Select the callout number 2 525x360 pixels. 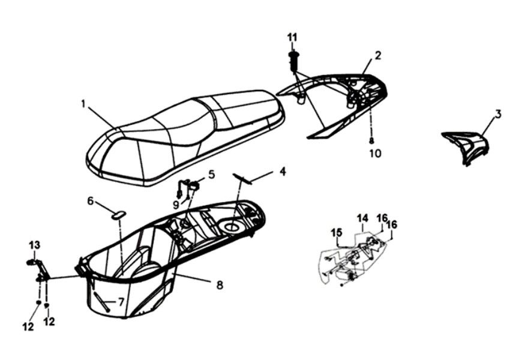click(x=378, y=55)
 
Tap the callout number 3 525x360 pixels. click(x=498, y=113)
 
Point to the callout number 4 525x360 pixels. click(x=282, y=171)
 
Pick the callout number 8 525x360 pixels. click(x=220, y=284)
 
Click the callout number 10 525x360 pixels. click(x=374, y=153)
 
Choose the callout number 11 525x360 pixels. click(x=292, y=38)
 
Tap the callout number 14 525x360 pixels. click(x=362, y=217)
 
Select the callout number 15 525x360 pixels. click(x=336, y=232)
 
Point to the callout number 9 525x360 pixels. click(x=176, y=205)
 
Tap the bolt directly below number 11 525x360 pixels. click(x=293, y=59)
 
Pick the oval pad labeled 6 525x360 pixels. click(x=118, y=214)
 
